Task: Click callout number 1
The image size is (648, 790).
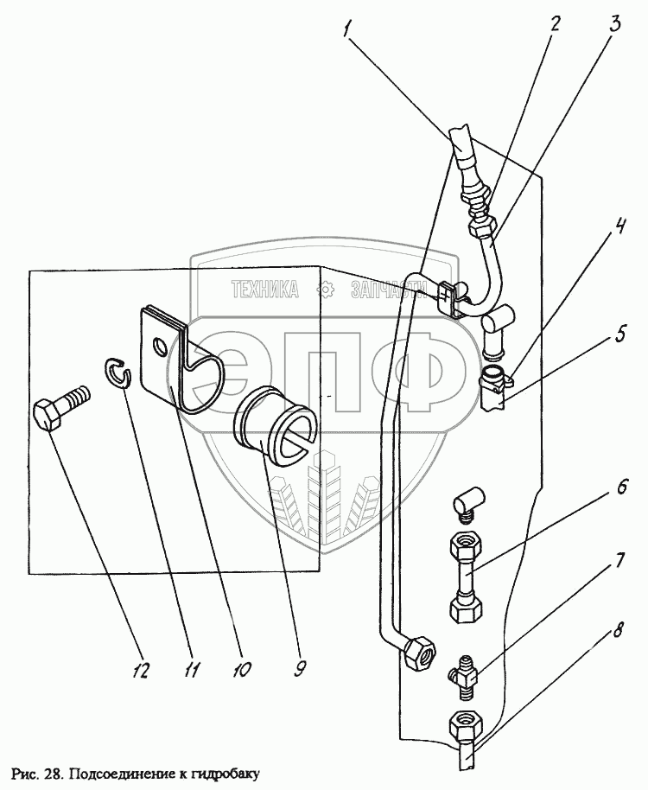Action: (x=348, y=29)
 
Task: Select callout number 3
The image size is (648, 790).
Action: (x=614, y=24)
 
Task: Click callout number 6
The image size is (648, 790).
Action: (x=621, y=487)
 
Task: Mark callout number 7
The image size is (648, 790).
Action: (x=619, y=560)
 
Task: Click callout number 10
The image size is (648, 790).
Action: (x=242, y=669)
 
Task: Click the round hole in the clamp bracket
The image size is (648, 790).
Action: (x=160, y=347)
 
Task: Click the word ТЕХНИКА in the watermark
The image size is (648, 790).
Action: (x=265, y=290)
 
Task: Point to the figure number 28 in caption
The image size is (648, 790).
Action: (x=51, y=773)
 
